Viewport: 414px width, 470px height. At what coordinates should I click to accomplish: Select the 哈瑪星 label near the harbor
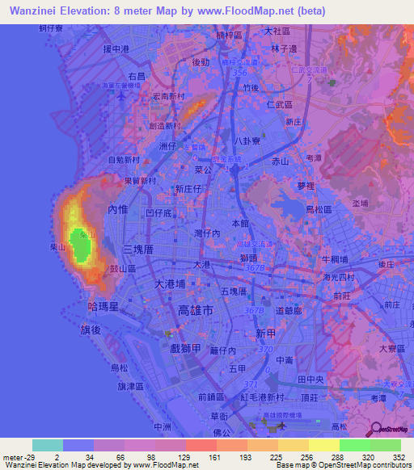click(x=103, y=307)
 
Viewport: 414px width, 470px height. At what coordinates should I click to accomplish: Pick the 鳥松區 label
click(x=310, y=208)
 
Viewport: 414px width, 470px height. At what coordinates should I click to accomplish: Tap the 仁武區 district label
click(x=282, y=104)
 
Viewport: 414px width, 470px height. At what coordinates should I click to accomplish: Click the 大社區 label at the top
click(x=281, y=31)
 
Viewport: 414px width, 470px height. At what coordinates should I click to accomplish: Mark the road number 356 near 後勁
click(x=239, y=73)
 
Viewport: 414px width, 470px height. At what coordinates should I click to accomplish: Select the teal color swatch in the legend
click(x=48, y=445)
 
